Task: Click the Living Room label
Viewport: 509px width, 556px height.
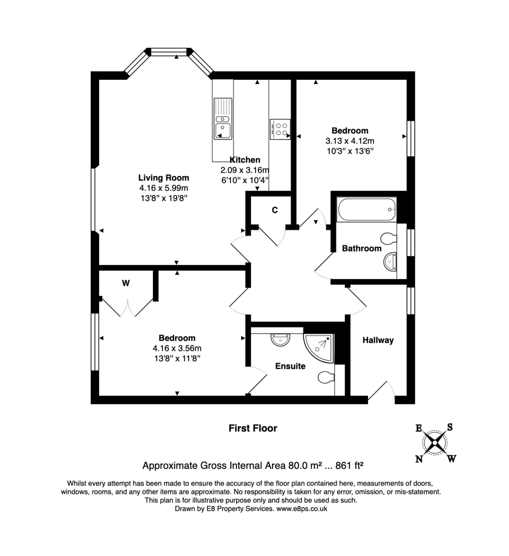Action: coord(164,177)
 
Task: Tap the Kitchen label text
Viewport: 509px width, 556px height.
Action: coord(245,160)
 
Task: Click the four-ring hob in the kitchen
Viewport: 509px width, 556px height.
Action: coord(280,128)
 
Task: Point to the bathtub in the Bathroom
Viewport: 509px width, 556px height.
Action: coord(367,210)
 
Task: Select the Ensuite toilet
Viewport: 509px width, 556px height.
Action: coord(326,378)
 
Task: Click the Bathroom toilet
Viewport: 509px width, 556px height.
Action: coord(388,239)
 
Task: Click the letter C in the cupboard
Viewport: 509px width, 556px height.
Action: coord(274,210)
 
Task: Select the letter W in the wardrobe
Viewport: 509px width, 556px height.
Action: coord(126,283)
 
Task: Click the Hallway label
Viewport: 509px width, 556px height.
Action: coord(378,340)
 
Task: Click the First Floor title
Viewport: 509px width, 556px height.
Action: coord(253,428)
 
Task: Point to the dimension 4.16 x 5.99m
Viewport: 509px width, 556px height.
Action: coord(164,188)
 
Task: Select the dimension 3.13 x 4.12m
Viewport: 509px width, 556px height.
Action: coord(350,141)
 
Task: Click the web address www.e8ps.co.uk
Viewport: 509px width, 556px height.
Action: coord(302,508)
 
